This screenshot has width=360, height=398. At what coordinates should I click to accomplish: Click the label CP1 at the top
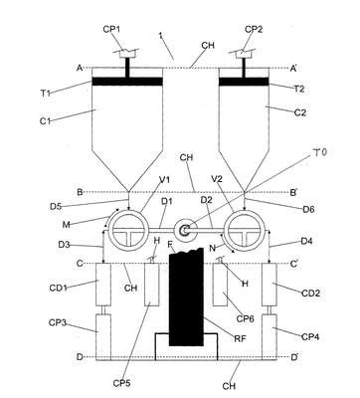pos(111,29)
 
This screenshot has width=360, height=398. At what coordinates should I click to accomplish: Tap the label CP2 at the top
pos(254,29)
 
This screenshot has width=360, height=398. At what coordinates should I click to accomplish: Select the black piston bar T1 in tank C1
pos(127,82)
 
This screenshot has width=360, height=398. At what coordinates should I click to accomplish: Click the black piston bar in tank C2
pos(244,82)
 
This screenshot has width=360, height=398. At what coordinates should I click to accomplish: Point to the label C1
pos(46,121)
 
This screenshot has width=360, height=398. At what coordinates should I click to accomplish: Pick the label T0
pos(319,153)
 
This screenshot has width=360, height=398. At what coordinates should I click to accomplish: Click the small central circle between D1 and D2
pos(184,230)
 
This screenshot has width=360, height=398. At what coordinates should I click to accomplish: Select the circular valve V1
pos(128,230)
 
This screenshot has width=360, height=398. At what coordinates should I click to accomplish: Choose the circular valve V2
pos(245,230)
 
